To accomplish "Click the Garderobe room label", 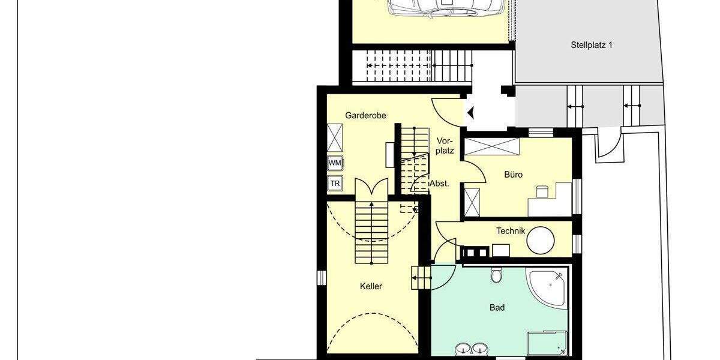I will click(365, 115).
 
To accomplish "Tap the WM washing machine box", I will click(335, 163).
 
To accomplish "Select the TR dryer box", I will click(335, 184).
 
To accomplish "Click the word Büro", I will click(513, 175).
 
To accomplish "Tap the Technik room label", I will click(511, 231).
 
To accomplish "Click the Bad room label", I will click(497, 308).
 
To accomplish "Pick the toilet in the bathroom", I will click(496, 275).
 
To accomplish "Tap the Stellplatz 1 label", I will click(591, 44).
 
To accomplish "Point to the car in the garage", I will click(447, 7).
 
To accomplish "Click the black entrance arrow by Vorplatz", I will click(470, 112).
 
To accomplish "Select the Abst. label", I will click(439, 184).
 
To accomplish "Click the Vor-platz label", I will click(445, 146).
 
